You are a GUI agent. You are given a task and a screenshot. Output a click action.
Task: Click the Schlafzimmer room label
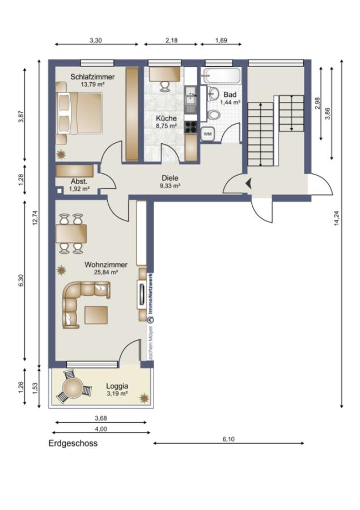coord(93,76)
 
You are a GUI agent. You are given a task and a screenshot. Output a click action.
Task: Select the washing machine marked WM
coord(207,133)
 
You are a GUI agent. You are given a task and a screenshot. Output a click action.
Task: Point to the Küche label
coord(167,118)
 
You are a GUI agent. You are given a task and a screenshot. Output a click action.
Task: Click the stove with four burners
coord(191,127)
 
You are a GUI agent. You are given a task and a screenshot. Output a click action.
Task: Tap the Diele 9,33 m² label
coord(170,181)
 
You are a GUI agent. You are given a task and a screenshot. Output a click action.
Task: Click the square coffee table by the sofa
coord(96,314)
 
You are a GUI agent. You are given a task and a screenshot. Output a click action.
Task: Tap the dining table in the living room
coord(71,233)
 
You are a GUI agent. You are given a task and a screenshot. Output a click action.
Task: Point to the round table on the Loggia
coord(73,389)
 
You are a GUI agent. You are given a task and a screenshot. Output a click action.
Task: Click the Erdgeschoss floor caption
coord(73,444)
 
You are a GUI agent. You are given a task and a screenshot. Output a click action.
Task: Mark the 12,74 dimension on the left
coord(35,218)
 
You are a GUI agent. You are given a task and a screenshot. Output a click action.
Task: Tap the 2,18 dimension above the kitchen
coord(171,41)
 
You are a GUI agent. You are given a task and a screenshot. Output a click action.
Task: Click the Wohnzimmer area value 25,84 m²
coord(106,272)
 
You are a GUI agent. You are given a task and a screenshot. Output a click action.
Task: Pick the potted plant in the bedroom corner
coord(61,154)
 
